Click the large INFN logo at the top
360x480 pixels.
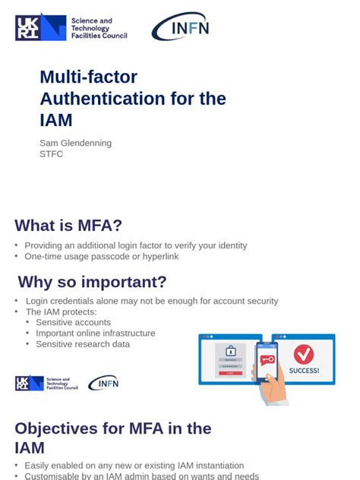(x=180, y=27)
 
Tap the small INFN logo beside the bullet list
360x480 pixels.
(x=103, y=384)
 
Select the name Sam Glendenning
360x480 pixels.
(x=75, y=143)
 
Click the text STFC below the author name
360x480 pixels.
(x=51, y=154)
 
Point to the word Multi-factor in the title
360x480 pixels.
(x=88, y=77)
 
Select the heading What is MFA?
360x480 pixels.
(x=68, y=225)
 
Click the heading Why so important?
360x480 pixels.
(x=92, y=283)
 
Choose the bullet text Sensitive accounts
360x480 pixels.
(x=74, y=323)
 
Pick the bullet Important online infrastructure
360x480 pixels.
(x=96, y=333)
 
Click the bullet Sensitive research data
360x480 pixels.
(x=83, y=344)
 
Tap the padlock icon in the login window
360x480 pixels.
(x=231, y=351)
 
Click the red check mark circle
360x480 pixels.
(x=304, y=354)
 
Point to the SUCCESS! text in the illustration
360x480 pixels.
(x=304, y=371)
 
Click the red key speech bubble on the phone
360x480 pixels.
(x=266, y=359)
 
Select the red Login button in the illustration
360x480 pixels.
(x=231, y=373)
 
